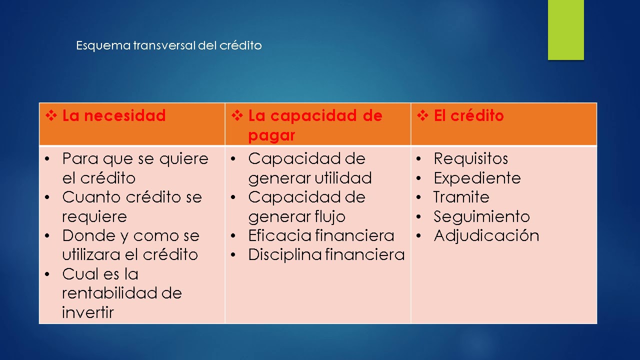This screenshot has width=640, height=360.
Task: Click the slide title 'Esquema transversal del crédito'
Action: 169,45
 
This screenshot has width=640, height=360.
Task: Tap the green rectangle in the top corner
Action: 565,30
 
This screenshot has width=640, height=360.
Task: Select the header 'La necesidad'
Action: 114,116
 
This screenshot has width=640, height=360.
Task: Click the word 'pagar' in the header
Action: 271,135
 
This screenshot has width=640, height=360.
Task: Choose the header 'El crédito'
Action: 468,116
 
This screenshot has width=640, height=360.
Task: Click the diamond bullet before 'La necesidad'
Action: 51,116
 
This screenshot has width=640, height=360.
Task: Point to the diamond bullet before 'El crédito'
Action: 422,116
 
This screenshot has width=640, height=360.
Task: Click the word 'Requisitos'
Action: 470,159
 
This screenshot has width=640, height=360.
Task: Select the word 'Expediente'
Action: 477,178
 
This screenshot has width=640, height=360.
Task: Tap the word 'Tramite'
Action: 461,197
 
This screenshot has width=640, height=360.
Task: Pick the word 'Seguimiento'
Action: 481,216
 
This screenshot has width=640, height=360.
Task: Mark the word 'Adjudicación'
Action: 486,235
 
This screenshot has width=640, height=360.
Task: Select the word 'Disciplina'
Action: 284,254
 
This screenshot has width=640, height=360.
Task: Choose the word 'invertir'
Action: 88,312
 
